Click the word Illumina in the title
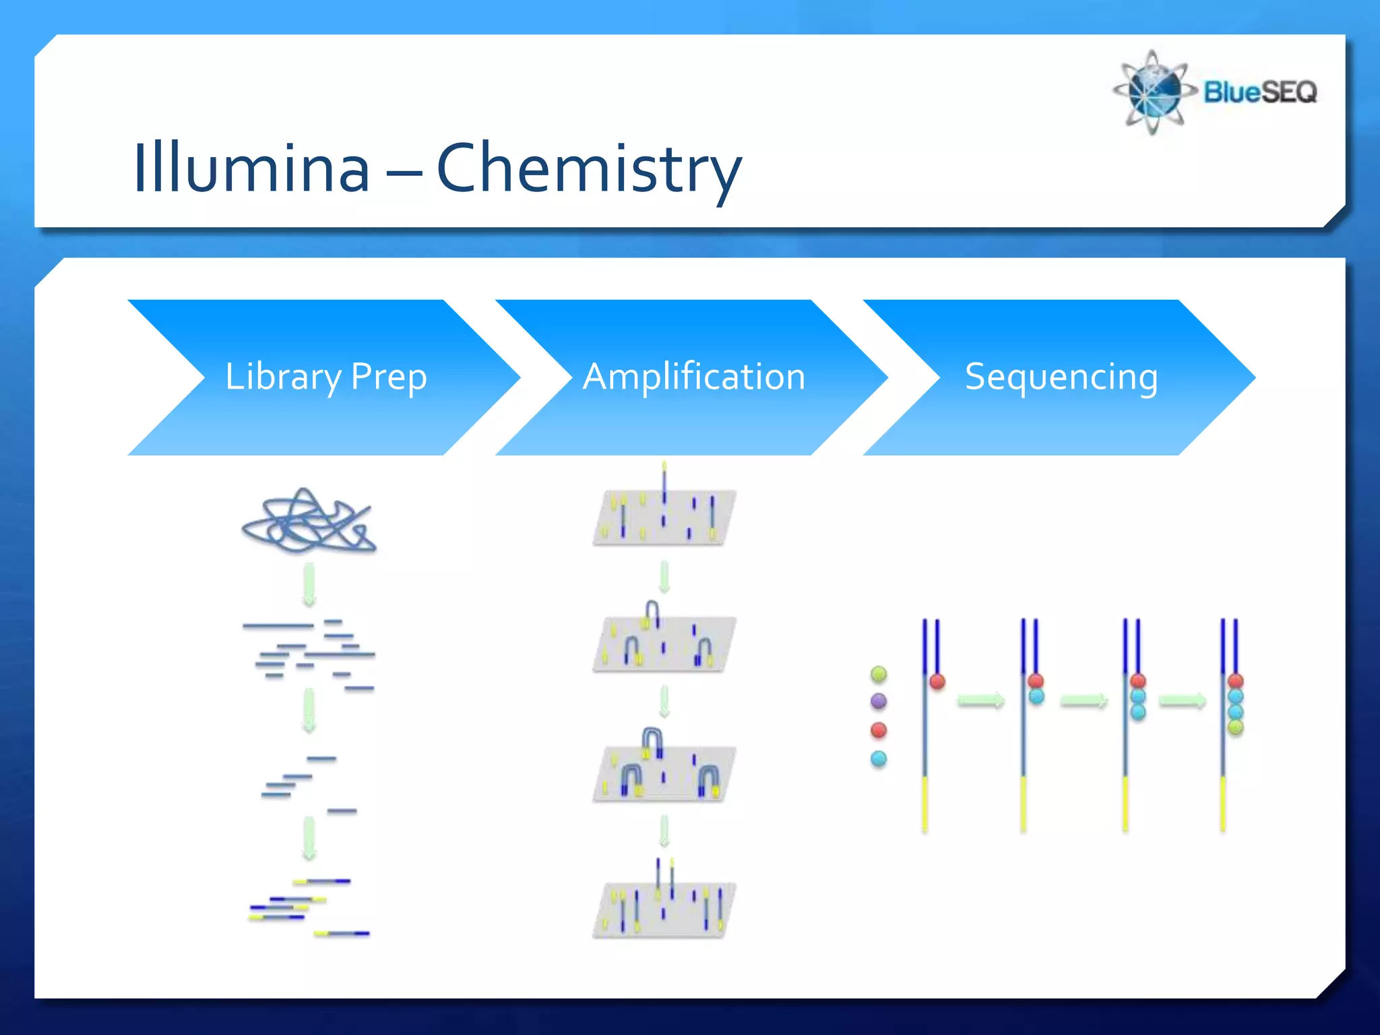[x=251, y=168]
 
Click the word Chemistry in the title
[x=589, y=168]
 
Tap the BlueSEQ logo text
[x=1260, y=92]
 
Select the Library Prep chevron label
[x=326, y=377]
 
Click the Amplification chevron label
[x=694, y=377]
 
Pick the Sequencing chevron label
[x=1061, y=377]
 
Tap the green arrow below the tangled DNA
[x=309, y=585]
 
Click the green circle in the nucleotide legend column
[x=879, y=673]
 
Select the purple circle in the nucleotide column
[x=879, y=701]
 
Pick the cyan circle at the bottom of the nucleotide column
[x=879, y=759]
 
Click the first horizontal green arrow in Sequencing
[x=980, y=701]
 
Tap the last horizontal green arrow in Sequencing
[x=1182, y=701]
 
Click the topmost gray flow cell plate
[x=664, y=517]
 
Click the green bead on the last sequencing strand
[x=1235, y=727]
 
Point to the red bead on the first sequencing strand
[x=937, y=681]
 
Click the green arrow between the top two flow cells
[x=664, y=577]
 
